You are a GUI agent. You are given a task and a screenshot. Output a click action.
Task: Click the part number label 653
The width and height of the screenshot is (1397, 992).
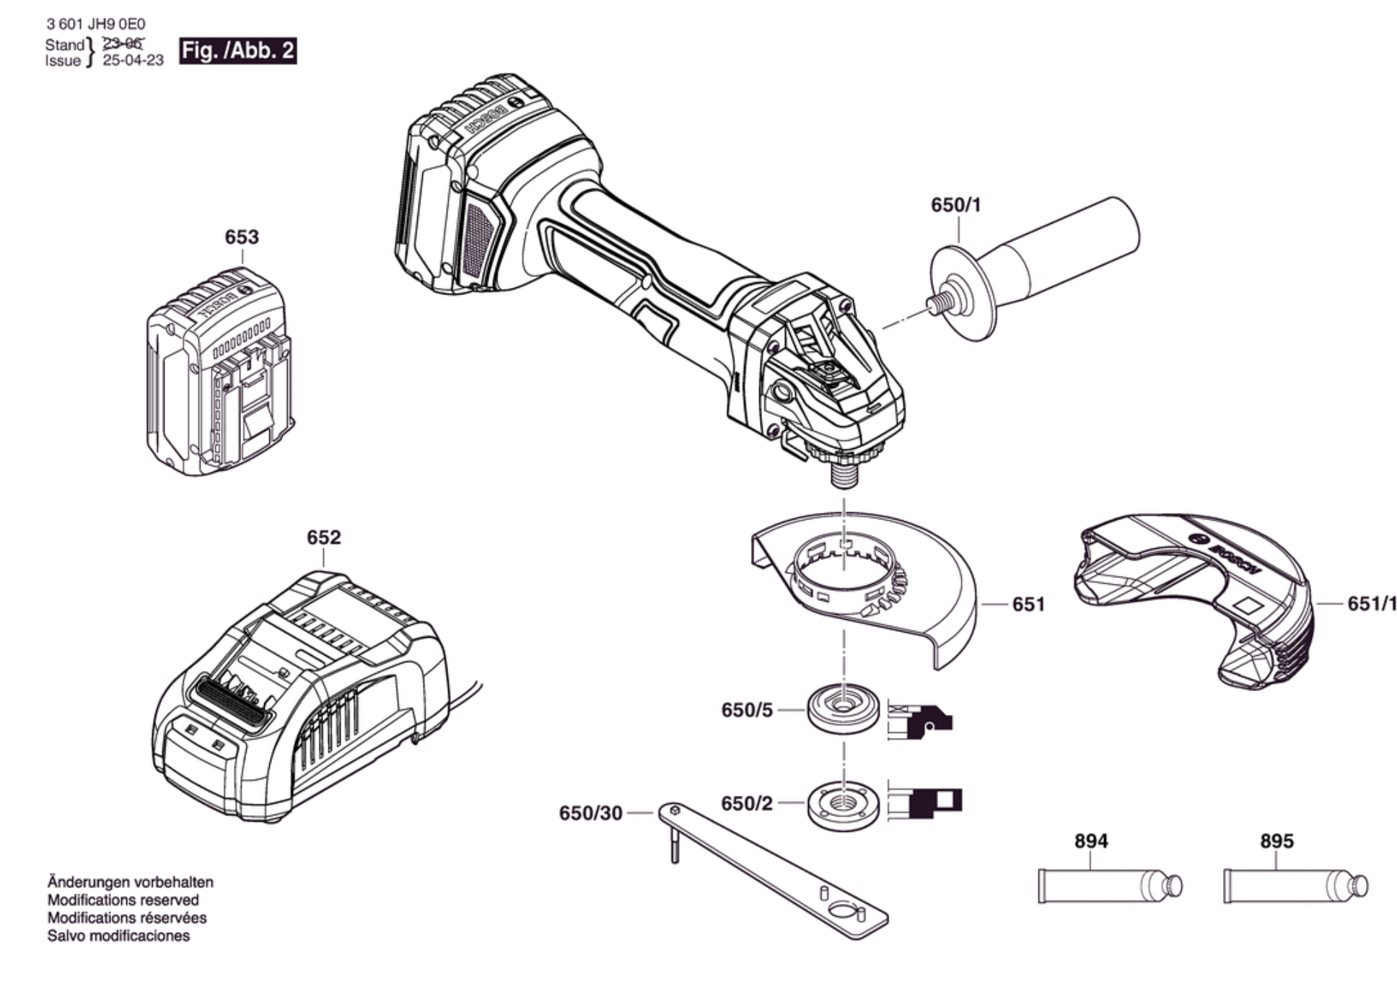coord(241,237)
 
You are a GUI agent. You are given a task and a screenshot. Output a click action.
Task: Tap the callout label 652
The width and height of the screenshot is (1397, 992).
coord(323,537)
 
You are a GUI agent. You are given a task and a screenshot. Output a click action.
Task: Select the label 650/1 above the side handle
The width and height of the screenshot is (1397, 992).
coord(956,205)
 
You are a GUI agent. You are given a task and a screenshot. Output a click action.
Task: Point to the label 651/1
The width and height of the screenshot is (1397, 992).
coord(1372,603)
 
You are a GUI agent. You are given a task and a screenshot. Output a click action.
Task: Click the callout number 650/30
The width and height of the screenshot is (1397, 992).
coord(590,813)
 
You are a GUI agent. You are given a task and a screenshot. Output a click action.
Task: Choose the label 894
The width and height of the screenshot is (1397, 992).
coord(1091,840)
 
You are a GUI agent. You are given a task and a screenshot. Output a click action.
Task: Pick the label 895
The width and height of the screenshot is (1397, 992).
coord(1276,840)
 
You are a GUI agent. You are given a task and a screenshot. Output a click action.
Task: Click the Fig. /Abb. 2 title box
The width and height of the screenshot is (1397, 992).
coord(237,51)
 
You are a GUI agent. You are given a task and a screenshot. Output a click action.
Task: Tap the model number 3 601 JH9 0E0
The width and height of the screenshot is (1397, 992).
coord(96,25)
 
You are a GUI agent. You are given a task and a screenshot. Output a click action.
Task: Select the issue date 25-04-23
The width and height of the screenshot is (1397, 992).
coord(133,60)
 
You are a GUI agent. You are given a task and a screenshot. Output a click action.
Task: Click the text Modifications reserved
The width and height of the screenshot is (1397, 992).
coord(123,900)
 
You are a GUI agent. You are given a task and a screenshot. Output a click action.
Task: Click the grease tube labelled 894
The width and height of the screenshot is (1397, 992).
coord(1110,885)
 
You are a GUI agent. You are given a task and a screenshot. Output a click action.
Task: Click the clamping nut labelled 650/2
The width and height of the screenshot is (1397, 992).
coord(843,805)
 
